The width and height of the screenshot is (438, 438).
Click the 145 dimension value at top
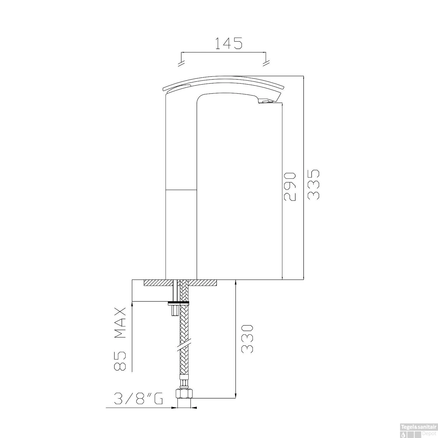(229, 44)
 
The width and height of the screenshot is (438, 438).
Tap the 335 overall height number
(314, 185)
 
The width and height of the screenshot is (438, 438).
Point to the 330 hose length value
(247, 339)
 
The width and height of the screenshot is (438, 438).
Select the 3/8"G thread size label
(138, 398)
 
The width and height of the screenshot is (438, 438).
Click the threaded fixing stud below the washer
(174, 311)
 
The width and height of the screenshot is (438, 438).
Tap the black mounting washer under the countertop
(178, 302)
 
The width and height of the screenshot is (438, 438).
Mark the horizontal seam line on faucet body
(181, 190)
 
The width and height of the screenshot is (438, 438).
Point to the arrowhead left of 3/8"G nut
(175, 408)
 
